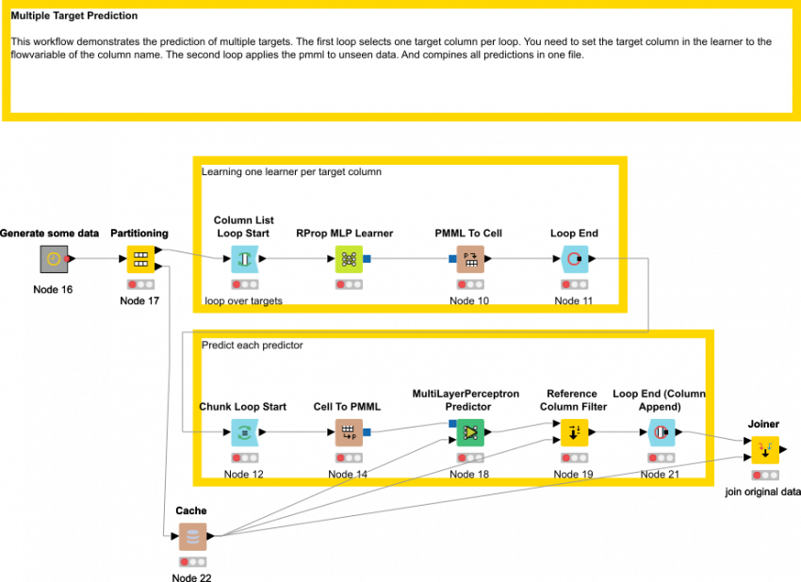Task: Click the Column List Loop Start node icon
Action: [x=244, y=258]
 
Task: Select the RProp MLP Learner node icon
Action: [x=349, y=258]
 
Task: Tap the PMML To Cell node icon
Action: [x=469, y=258]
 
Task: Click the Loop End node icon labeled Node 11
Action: [x=574, y=258]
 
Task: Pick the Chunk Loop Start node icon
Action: [x=244, y=432]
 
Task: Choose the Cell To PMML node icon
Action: [x=349, y=432]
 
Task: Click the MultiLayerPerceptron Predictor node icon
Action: [x=469, y=432]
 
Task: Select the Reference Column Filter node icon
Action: [x=574, y=432]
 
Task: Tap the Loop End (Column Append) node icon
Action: [x=661, y=432]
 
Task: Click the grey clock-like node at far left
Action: [x=55, y=259]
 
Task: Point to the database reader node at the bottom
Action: [x=192, y=537]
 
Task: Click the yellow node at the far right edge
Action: [x=764, y=450]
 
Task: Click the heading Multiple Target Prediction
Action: [x=74, y=16]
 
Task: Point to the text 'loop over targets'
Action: [x=243, y=301]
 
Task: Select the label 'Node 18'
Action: [x=469, y=474]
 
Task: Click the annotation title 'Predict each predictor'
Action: [x=253, y=346]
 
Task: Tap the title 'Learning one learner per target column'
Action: [x=291, y=171]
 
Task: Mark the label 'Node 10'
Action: [x=469, y=301]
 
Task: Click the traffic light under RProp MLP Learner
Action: [x=349, y=284]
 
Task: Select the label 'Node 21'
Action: [x=660, y=474]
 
